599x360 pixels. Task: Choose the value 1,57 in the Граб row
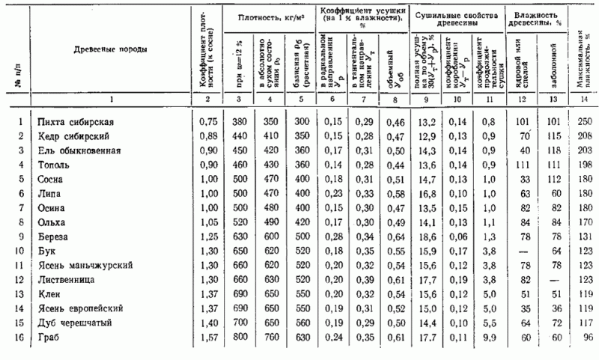point(207,337)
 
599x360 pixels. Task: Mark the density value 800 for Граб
point(239,337)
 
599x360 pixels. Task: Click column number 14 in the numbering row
point(581,100)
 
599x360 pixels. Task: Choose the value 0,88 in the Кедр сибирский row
point(207,137)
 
